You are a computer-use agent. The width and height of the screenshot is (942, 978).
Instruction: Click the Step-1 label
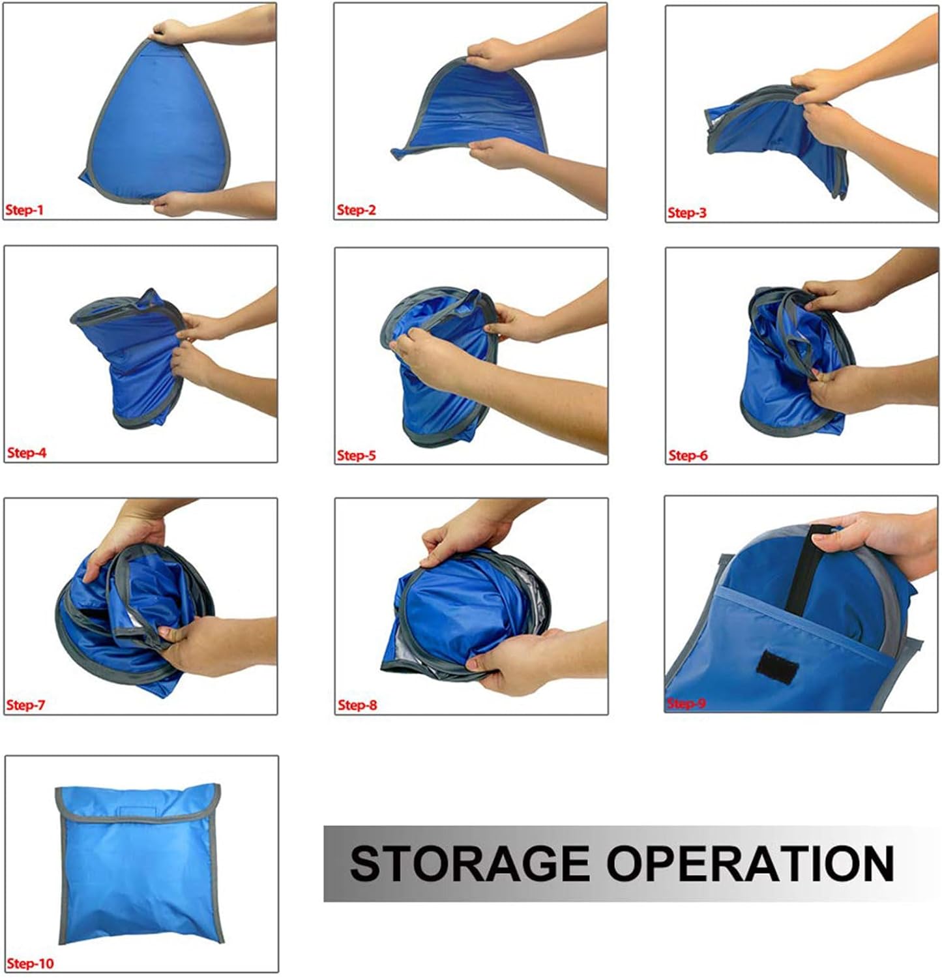click(x=25, y=210)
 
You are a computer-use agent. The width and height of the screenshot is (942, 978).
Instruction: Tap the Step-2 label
click(x=356, y=210)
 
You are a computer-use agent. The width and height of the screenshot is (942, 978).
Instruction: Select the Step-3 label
click(x=686, y=213)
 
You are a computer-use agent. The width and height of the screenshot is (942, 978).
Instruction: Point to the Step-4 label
click(x=27, y=452)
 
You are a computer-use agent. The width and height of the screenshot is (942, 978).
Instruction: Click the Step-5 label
click(x=357, y=455)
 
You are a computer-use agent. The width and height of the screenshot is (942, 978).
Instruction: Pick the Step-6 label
click(x=688, y=455)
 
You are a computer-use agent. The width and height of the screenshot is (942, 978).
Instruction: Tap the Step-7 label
click(x=25, y=705)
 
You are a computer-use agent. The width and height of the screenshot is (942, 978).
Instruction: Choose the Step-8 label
click(x=357, y=705)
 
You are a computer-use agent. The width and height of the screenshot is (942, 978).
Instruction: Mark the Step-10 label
click(x=30, y=963)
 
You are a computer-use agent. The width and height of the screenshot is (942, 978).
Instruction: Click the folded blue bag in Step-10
click(x=140, y=863)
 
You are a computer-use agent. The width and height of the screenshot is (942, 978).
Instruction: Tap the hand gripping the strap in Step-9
click(x=874, y=541)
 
